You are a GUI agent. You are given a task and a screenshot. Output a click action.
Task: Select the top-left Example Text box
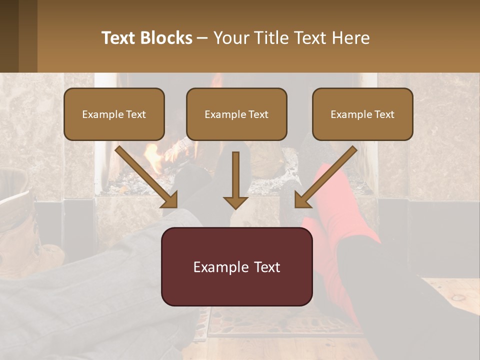[x=114, y=114]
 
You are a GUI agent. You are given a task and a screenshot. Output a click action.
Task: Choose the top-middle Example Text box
[x=236, y=114]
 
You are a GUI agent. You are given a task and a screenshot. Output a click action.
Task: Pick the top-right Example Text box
[x=362, y=114]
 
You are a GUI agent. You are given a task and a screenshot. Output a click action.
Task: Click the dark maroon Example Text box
[x=236, y=267]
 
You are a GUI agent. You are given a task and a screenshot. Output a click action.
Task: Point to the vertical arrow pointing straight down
[x=235, y=180]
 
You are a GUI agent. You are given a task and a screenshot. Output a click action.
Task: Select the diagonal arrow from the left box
[x=147, y=177]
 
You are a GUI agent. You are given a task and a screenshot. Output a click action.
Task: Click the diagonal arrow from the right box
[x=325, y=177]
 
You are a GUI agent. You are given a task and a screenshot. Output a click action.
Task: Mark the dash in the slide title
[x=202, y=38]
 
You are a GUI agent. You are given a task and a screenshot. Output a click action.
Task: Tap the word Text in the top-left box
[x=136, y=114]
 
